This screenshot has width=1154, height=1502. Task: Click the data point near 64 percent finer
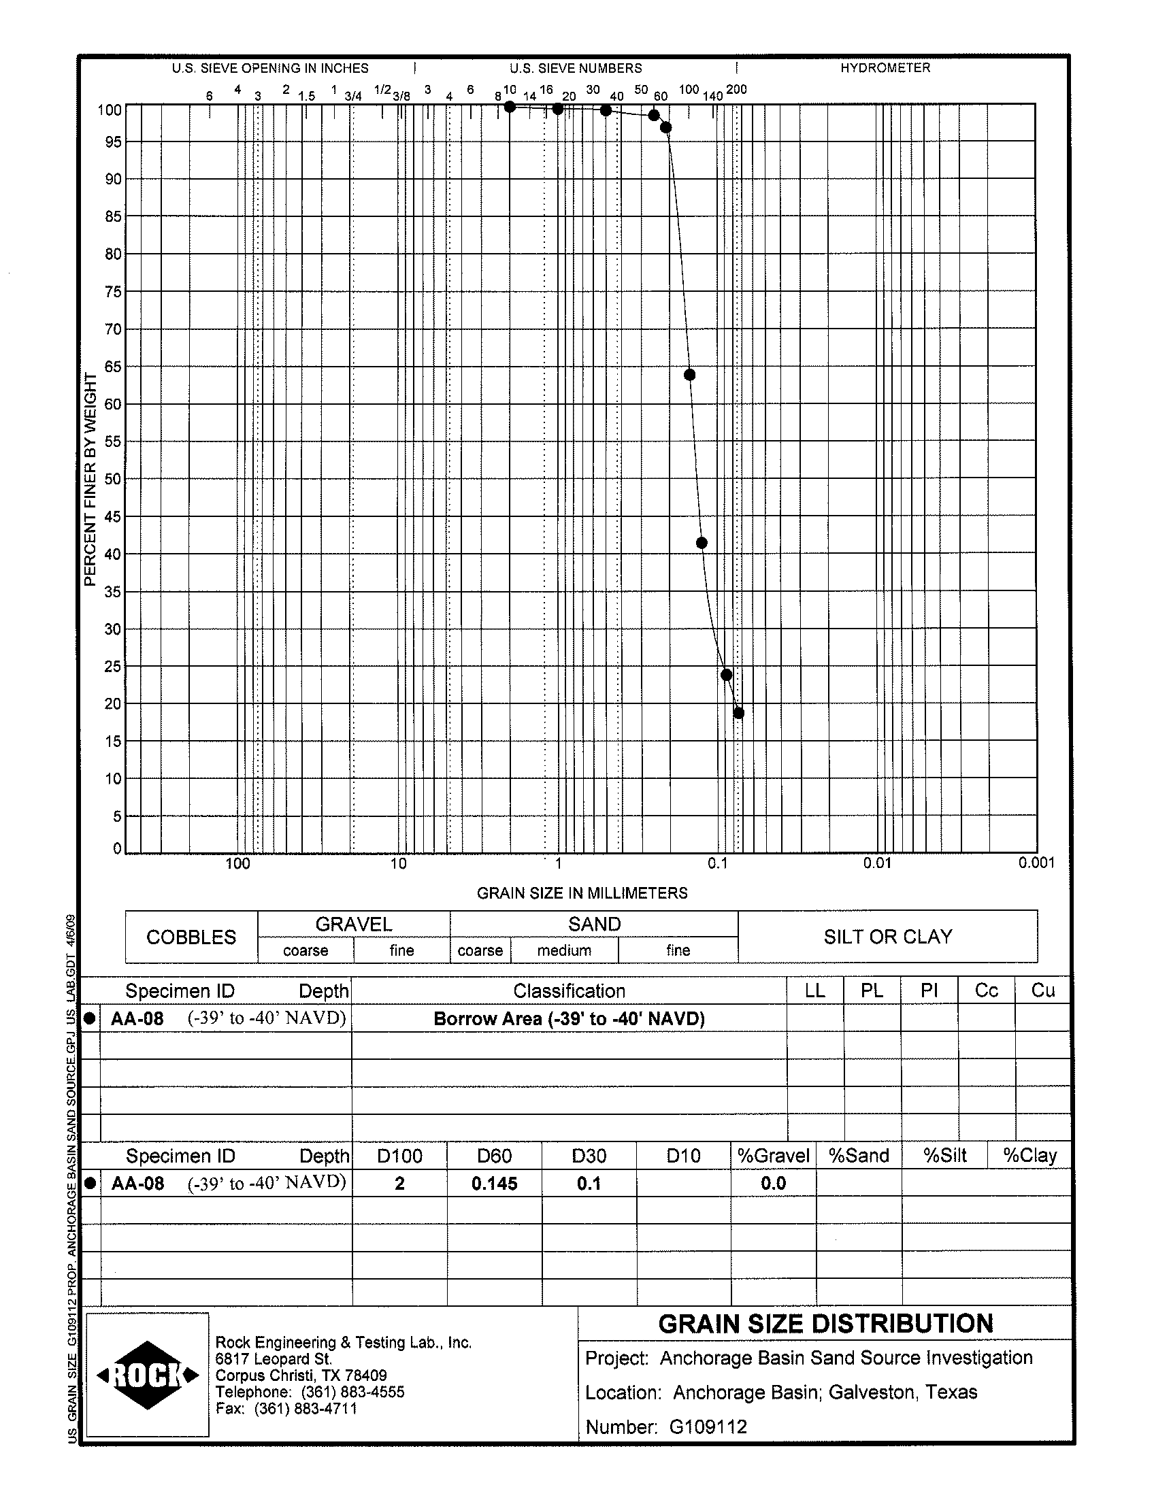690,375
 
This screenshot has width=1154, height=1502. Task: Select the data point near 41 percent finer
702,544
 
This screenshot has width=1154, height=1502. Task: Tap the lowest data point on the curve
738,714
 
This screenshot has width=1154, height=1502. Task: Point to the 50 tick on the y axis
113,479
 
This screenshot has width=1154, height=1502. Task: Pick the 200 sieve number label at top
736,90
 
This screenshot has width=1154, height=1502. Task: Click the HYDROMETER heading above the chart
885,68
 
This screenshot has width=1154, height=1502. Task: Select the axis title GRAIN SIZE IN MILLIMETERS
582,892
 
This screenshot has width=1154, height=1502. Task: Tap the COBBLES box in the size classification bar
191,937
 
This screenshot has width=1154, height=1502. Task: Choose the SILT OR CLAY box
887,937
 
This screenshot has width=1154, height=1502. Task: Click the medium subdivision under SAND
564,950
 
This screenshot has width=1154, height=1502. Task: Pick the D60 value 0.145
494,1184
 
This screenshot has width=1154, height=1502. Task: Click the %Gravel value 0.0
773,1184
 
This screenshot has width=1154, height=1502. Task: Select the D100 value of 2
399,1184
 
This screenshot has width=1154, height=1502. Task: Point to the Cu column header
1042,990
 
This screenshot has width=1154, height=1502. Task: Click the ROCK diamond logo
148,1375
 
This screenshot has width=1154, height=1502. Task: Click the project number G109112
708,1427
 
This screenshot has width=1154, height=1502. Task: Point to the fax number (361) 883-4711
305,1409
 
